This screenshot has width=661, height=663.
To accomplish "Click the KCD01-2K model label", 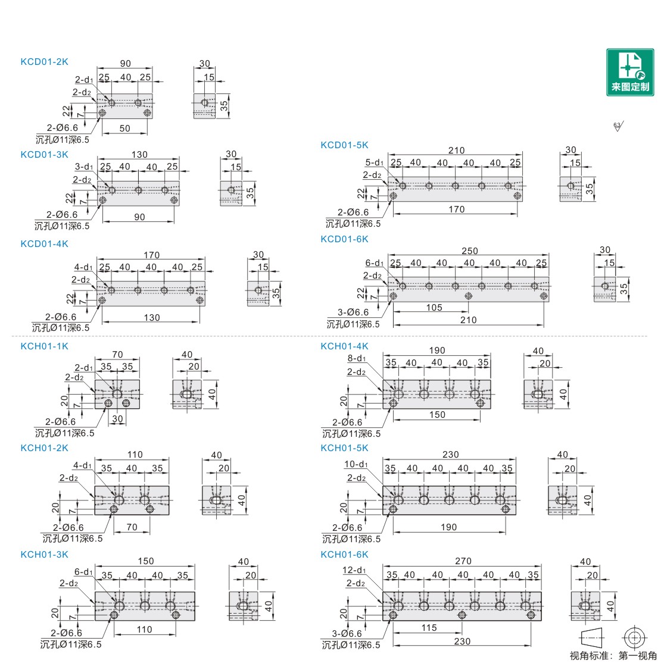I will tap(44, 61).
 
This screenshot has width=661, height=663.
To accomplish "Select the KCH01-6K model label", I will tap(344, 555).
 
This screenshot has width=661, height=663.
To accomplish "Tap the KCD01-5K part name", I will tap(344, 145).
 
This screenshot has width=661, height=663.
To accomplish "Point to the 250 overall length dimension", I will tap(470, 251).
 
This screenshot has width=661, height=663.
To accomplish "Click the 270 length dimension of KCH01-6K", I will tap(463, 561).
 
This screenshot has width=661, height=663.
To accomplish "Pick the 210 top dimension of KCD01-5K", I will tap(456, 151).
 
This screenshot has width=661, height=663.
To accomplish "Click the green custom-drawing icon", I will tap(630, 72).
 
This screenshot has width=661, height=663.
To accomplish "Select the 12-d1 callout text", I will tap(355, 570).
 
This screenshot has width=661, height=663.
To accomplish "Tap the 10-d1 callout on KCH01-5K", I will tap(356, 464).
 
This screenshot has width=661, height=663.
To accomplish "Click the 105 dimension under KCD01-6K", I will tap(434, 308).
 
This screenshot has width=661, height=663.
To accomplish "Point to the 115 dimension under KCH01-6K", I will tap(429, 628).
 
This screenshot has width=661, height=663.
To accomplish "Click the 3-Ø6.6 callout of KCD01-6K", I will tap(353, 312).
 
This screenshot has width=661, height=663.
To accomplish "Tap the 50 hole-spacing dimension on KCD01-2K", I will tap(124, 129).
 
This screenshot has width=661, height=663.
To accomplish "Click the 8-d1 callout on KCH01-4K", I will tap(357, 358).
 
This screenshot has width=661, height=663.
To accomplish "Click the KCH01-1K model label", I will tap(44, 346).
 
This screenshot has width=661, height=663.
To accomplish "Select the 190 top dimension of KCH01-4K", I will tap(436, 351).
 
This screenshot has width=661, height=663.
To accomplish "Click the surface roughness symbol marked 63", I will tap(617, 126).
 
